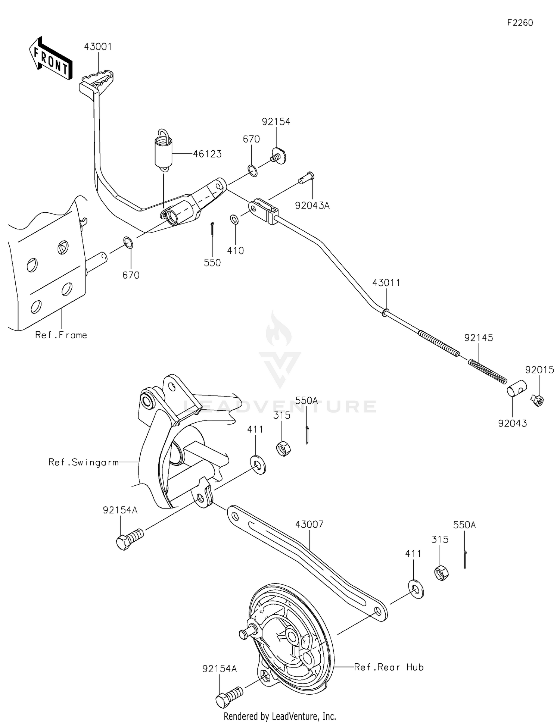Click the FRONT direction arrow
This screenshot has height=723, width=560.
[51, 59]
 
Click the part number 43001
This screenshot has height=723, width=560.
[98, 47]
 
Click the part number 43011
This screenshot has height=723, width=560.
[386, 283]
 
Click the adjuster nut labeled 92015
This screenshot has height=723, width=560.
[537, 401]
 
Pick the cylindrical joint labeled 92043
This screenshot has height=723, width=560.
[516, 388]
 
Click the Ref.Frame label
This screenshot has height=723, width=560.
[61, 335]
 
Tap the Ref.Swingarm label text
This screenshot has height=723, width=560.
[83, 463]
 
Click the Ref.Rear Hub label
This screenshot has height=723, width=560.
[389, 667]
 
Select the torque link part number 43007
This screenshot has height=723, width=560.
[309, 524]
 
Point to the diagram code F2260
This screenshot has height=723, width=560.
[520, 23]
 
